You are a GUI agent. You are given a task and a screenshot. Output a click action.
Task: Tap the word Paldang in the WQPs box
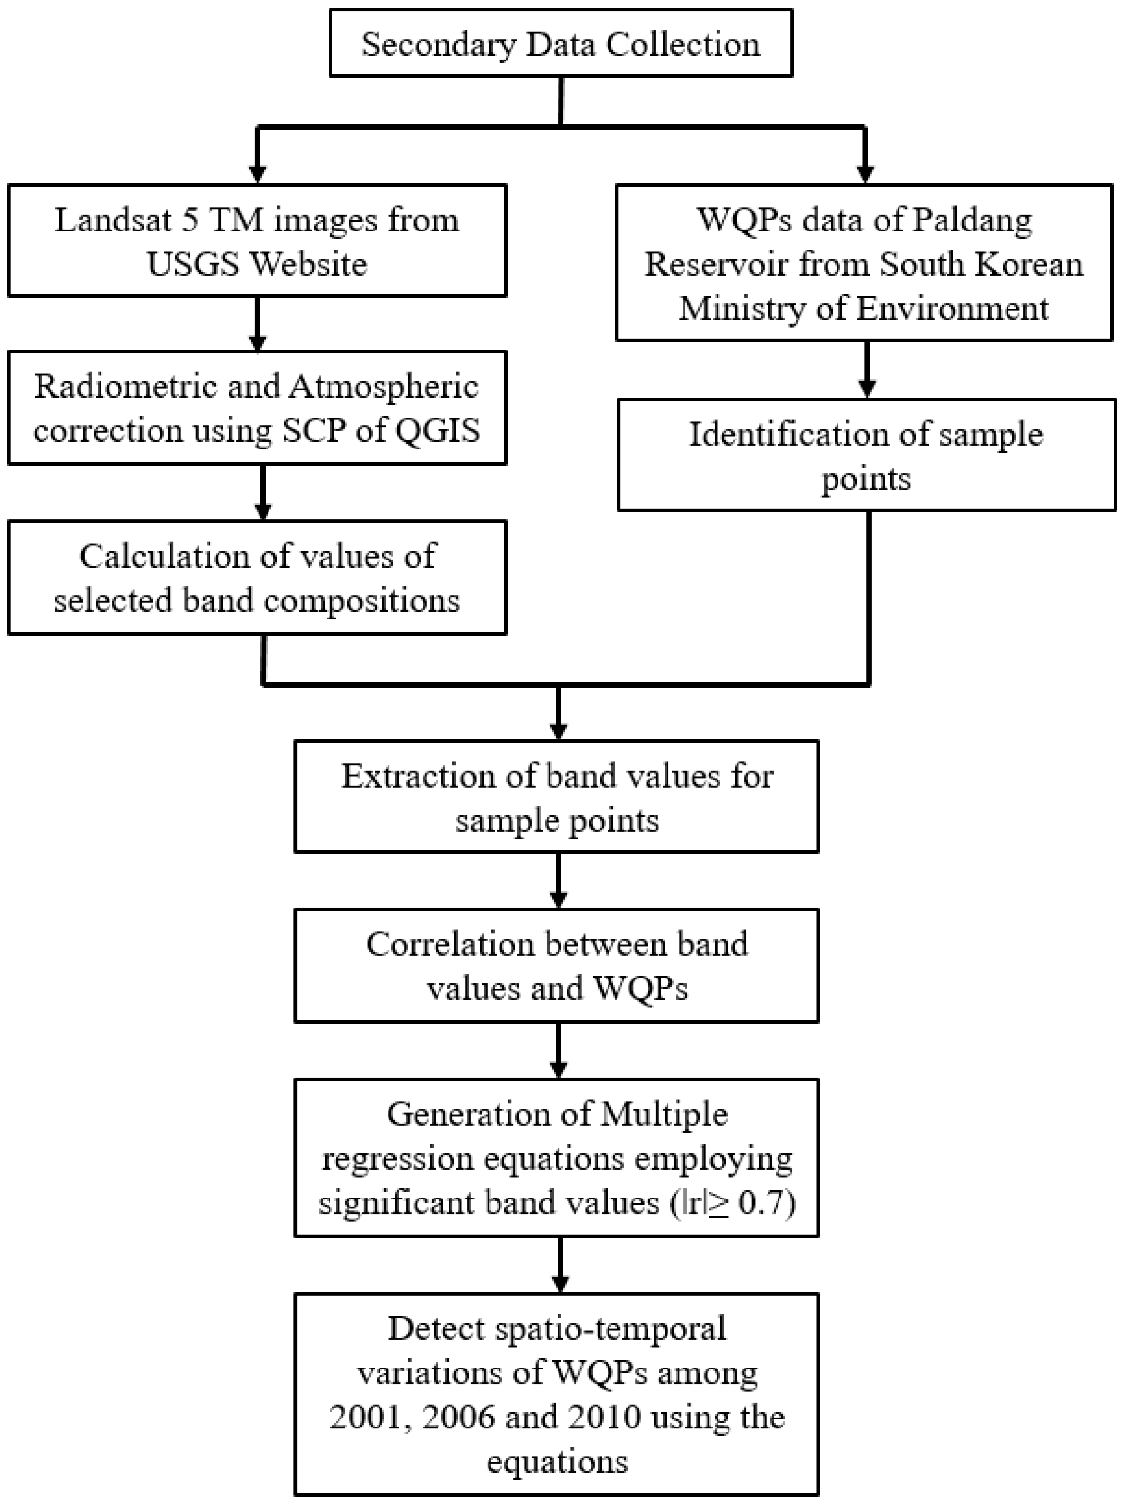[x=972, y=220]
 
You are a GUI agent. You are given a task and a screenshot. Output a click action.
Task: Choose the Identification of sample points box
[x=866, y=455]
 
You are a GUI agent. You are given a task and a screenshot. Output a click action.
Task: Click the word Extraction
[x=417, y=776]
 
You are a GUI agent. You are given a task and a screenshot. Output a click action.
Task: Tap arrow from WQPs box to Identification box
[x=866, y=370]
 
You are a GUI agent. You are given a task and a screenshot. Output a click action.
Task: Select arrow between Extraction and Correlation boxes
[x=559, y=881]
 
